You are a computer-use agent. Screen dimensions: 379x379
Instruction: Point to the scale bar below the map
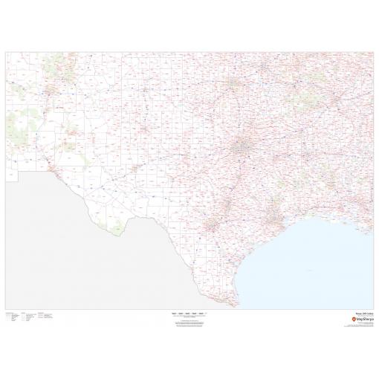click(189, 314)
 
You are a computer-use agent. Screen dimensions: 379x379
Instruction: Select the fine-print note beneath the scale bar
click(189, 321)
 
